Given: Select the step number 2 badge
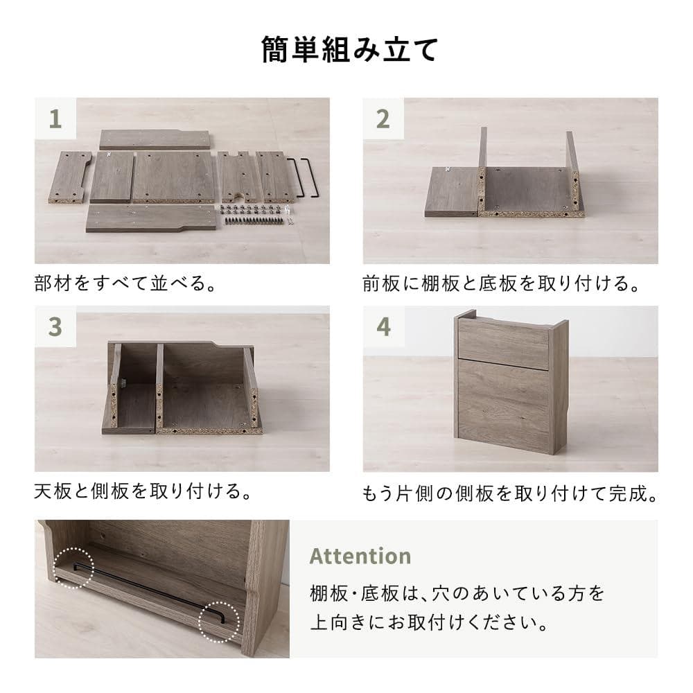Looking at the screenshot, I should coord(383,119).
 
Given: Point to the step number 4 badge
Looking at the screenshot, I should coord(383,327).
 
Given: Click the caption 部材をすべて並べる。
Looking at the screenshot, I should coord(125,284).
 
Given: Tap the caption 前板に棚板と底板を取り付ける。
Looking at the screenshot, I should coord(500,284).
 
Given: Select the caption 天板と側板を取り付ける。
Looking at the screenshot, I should coord(143,492).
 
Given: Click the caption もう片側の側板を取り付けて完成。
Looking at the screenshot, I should coord(509,493).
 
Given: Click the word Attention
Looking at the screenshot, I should coord(360,556).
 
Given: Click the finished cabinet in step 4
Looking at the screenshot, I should coord(511,383).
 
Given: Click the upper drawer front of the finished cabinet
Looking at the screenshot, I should coord(503,342).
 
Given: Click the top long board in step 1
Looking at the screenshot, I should coord(154,139).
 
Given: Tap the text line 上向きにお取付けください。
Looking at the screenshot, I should coord(430,622).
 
